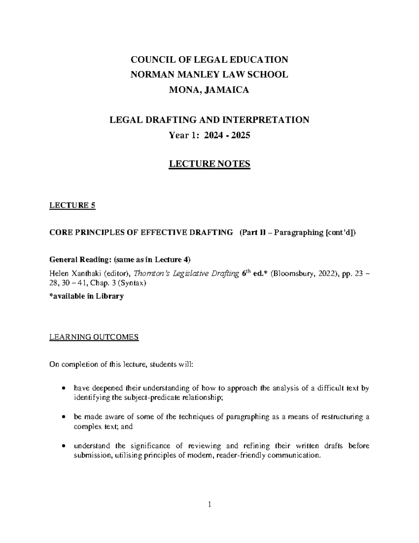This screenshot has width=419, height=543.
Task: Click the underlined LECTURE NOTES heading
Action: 209,164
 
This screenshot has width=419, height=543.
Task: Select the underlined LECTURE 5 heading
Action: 72,206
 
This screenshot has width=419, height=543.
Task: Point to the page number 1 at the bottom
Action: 209,504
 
